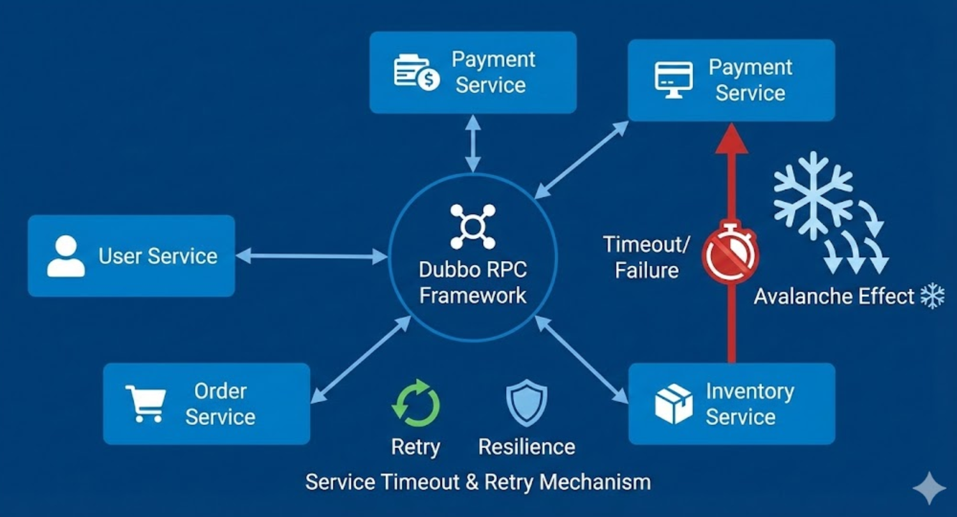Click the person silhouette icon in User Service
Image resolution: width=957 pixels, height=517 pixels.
pos(66,256)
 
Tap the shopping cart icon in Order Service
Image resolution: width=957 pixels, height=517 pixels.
pos(145,403)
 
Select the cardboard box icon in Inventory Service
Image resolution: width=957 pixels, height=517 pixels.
pos(674,403)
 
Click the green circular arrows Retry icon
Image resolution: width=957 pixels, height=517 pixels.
pos(415,403)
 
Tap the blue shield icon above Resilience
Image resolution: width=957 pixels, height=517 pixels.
pos(526,403)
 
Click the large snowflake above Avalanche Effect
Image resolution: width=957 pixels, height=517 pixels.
pos(813,196)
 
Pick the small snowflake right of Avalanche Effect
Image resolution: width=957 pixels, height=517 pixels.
pos(932,296)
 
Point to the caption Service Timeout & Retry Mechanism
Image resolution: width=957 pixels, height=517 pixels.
pos(478,481)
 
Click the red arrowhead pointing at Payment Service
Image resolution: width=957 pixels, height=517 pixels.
pos(731,137)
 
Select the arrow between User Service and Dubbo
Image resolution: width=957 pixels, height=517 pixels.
pos(312,257)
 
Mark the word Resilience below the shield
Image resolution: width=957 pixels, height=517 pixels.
pos(526,447)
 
